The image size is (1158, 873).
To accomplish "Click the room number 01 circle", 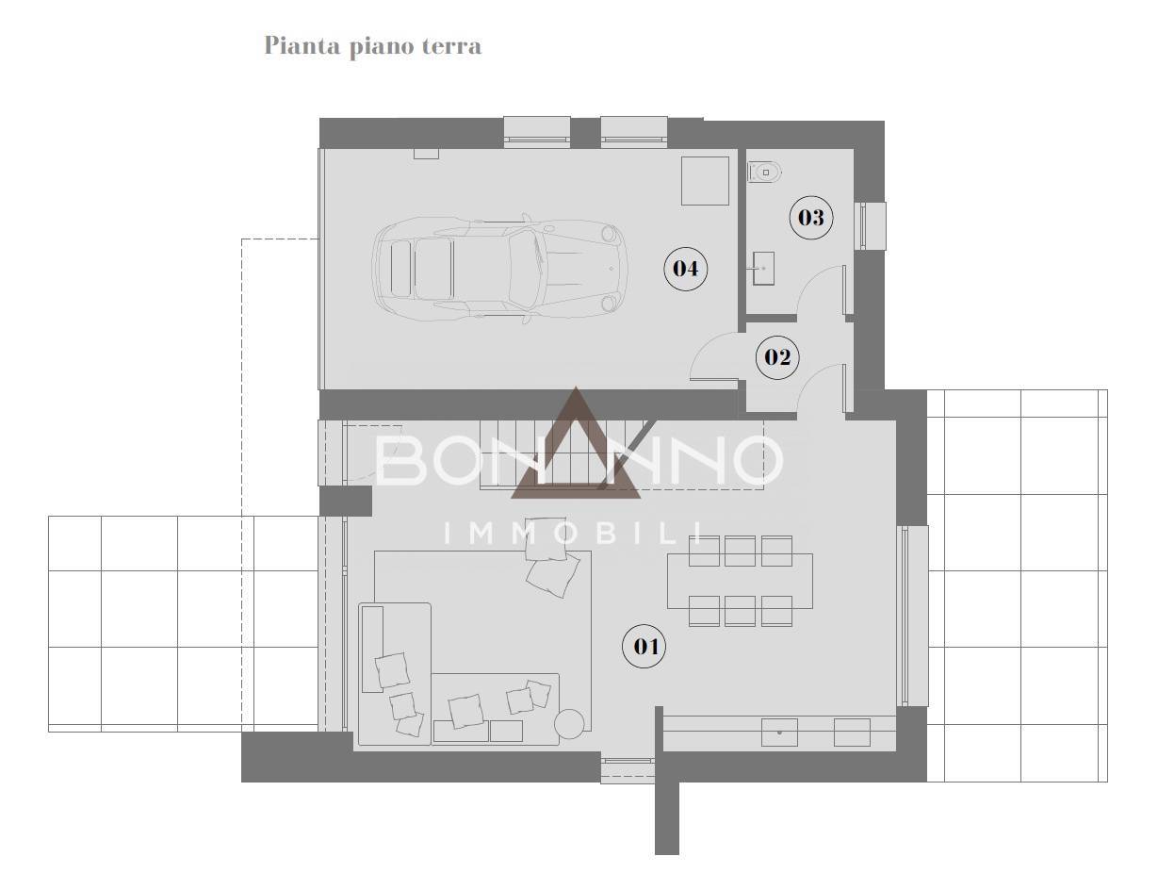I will point(644,647).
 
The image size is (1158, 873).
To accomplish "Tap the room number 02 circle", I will point(777,357).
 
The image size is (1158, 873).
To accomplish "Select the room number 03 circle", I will point(810,218).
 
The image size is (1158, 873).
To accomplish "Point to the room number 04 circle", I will point(685,268).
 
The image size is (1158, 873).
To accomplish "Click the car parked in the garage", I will point(499,268).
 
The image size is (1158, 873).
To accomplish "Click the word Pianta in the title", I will point(302,45).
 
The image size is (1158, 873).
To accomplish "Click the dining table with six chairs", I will point(740,581).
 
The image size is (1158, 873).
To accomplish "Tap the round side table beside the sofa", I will point(569,723).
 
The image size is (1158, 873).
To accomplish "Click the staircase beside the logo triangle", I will point(546,453).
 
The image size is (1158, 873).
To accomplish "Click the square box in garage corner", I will point(705,180).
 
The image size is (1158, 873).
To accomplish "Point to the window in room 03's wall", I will point(870,226).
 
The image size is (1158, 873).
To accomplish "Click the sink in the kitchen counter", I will point(779,732).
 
